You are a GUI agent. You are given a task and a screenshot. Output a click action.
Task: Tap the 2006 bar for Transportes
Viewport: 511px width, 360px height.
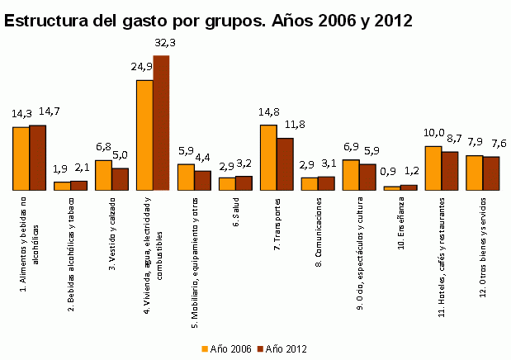tap(268, 158)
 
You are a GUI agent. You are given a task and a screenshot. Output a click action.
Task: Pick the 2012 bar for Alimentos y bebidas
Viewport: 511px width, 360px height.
tap(37, 158)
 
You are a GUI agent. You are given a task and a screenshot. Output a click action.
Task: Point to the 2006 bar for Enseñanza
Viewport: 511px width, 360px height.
tap(392, 187)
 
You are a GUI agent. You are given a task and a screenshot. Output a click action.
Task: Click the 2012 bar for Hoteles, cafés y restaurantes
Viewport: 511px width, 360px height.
tap(450, 171)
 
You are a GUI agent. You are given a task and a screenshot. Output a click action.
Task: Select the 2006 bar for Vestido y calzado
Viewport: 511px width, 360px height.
tap(103, 175)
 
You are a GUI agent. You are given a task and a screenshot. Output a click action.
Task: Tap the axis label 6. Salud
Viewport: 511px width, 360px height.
tap(236, 214)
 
